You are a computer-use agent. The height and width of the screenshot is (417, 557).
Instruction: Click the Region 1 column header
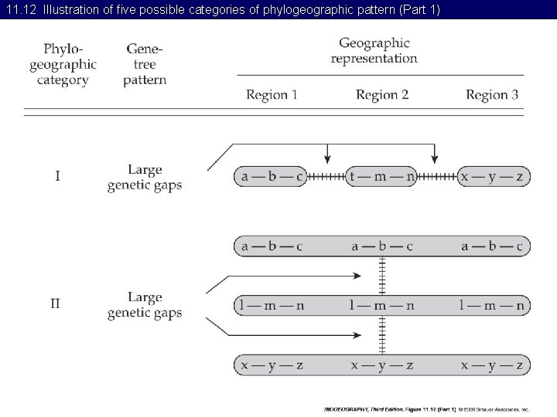click(x=272, y=95)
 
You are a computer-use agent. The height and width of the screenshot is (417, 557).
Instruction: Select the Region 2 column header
click(x=382, y=95)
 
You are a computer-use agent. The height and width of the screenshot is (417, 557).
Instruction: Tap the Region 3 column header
click(x=492, y=95)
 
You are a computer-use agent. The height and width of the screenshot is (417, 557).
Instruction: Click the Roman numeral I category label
click(x=56, y=176)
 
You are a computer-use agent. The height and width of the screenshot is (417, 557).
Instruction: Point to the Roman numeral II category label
click(x=56, y=303)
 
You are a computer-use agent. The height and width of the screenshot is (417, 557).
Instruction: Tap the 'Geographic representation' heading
click(x=374, y=50)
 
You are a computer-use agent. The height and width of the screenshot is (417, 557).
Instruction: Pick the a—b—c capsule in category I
click(x=272, y=177)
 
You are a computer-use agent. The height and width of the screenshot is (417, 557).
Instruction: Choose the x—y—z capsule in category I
click(x=493, y=177)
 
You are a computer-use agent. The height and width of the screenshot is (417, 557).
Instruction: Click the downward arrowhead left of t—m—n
click(x=327, y=159)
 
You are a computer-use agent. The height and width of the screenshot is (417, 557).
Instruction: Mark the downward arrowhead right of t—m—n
click(x=434, y=159)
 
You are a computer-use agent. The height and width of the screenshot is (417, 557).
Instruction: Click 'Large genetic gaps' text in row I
click(x=145, y=177)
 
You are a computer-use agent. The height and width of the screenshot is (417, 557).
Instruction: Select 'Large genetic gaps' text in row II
click(x=145, y=304)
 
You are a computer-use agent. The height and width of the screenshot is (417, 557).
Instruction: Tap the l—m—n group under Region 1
click(x=272, y=306)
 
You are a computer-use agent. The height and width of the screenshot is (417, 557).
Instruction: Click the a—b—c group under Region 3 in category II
click(x=492, y=247)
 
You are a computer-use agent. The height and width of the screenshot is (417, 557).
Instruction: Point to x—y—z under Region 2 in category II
click(x=382, y=365)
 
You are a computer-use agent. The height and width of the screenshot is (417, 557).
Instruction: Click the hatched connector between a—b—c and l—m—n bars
click(x=382, y=276)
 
